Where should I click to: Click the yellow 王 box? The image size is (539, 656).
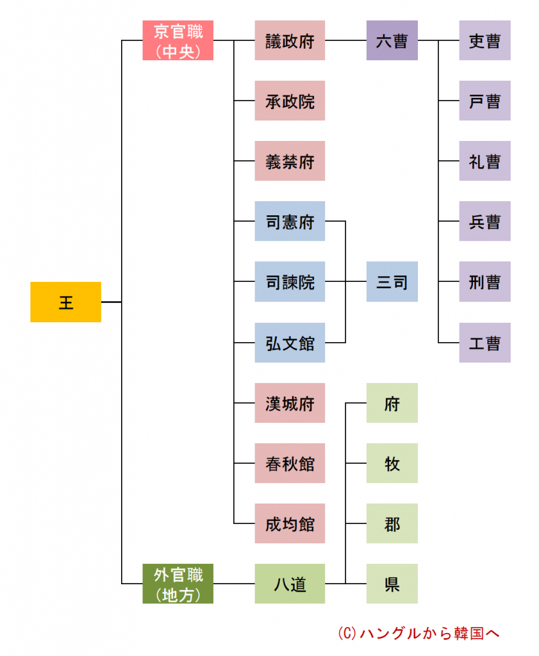pyautogui.click(x=65, y=302)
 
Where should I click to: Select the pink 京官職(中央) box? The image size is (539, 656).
pyautogui.click(x=178, y=40)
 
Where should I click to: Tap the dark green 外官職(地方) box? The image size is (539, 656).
pyautogui.click(x=178, y=584)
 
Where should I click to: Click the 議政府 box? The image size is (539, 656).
pyautogui.click(x=290, y=40)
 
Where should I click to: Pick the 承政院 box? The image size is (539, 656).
pyautogui.click(x=290, y=101)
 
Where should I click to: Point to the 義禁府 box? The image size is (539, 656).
pyautogui.click(x=290, y=161)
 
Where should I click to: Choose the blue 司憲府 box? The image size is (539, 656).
pyautogui.click(x=290, y=221)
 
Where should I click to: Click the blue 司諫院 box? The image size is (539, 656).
pyautogui.click(x=290, y=281)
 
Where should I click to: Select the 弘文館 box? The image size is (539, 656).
pyautogui.click(x=290, y=342)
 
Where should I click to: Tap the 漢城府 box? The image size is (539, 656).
pyautogui.click(x=290, y=403)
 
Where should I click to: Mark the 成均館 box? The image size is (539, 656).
pyautogui.click(x=290, y=523)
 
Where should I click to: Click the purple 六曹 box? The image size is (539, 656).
pyautogui.click(x=392, y=40)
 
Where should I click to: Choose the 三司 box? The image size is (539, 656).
pyautogui.click(x=392, y=281)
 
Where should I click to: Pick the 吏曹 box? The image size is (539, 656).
pyautogui.click(x=485, y=40)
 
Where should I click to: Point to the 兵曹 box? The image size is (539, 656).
pyautogui.click(x=485, y=221)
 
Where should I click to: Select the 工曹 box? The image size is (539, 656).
pyautogui.click(x=485, y=342)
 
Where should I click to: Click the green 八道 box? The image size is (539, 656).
pyautogui.click(x=290, y=584)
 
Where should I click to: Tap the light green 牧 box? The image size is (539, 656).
pyautogui.click(x=392, y=463)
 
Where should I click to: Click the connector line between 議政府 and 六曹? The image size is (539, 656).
pyautogui.click(x=345, y=41)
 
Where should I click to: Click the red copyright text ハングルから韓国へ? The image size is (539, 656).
pyautogui.click(x=418, y=633)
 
